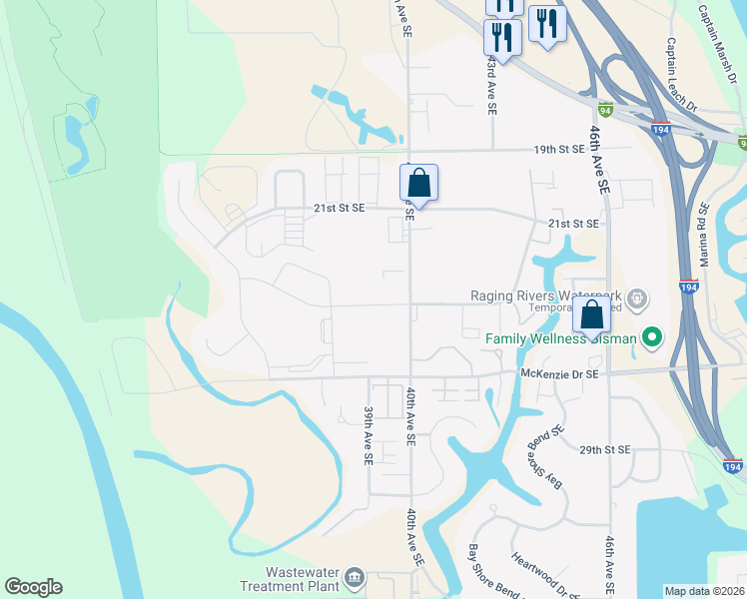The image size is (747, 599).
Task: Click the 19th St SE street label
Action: point(558,150)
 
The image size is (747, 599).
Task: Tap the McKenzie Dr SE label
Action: point(558,373)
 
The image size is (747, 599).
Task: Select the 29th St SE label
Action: point(604,450)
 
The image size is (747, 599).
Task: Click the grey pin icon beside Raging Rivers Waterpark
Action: point(639,298)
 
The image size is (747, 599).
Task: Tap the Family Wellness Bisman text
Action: point(560,338)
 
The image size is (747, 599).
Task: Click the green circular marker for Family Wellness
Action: point(652,338)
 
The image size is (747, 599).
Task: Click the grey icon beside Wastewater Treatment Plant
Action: point(354,579)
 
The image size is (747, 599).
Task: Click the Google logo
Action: point(33,587)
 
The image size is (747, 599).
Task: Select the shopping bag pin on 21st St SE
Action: point(419,185)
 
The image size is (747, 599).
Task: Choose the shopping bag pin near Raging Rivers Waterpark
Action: point(591,315)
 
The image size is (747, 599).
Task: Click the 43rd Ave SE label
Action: point(491,76)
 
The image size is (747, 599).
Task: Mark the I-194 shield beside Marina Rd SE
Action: point(688,285)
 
